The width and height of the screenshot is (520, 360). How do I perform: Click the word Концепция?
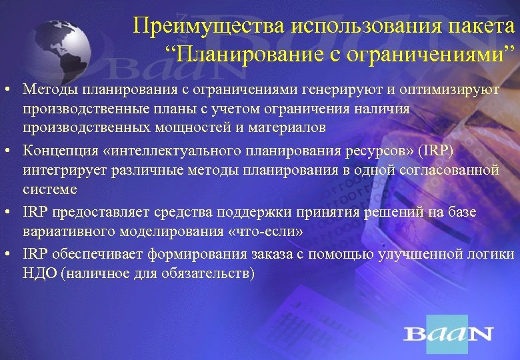click(x=57, y=151)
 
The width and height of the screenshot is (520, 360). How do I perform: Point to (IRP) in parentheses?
click(x=437, y=151)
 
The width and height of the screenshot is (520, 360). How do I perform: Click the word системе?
click(x=49, y=189)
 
